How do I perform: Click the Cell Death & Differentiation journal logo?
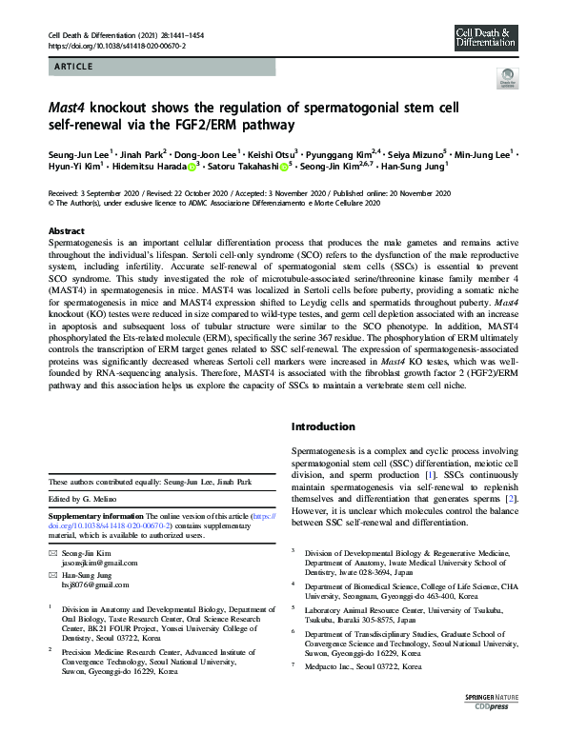(x=486, y=37)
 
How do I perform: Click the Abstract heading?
(x=67, y=231)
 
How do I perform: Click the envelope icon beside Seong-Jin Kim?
(x=52, y=553)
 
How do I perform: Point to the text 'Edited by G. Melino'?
(x=90, y=500)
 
